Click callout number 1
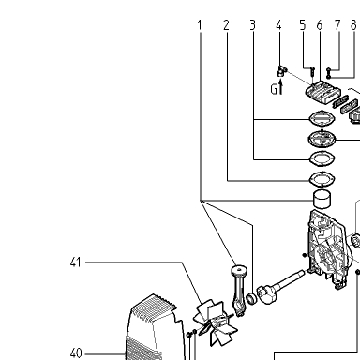click(200, 25)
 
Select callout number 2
click(226, 25)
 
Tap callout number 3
click(253, 25)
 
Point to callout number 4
click(278, 25)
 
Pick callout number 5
click(303, 25)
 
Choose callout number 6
click(320, 25)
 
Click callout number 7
click(337, 25)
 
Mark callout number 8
click(353, 25)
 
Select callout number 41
click(76, 262)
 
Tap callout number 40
click(76, 353)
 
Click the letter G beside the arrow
click(274, 90)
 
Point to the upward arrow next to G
click(280, 86)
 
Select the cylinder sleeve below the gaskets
click(322, 199)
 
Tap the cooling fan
click(214, 322)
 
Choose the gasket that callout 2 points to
click(322, 179)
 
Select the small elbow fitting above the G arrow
click(282, 71)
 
